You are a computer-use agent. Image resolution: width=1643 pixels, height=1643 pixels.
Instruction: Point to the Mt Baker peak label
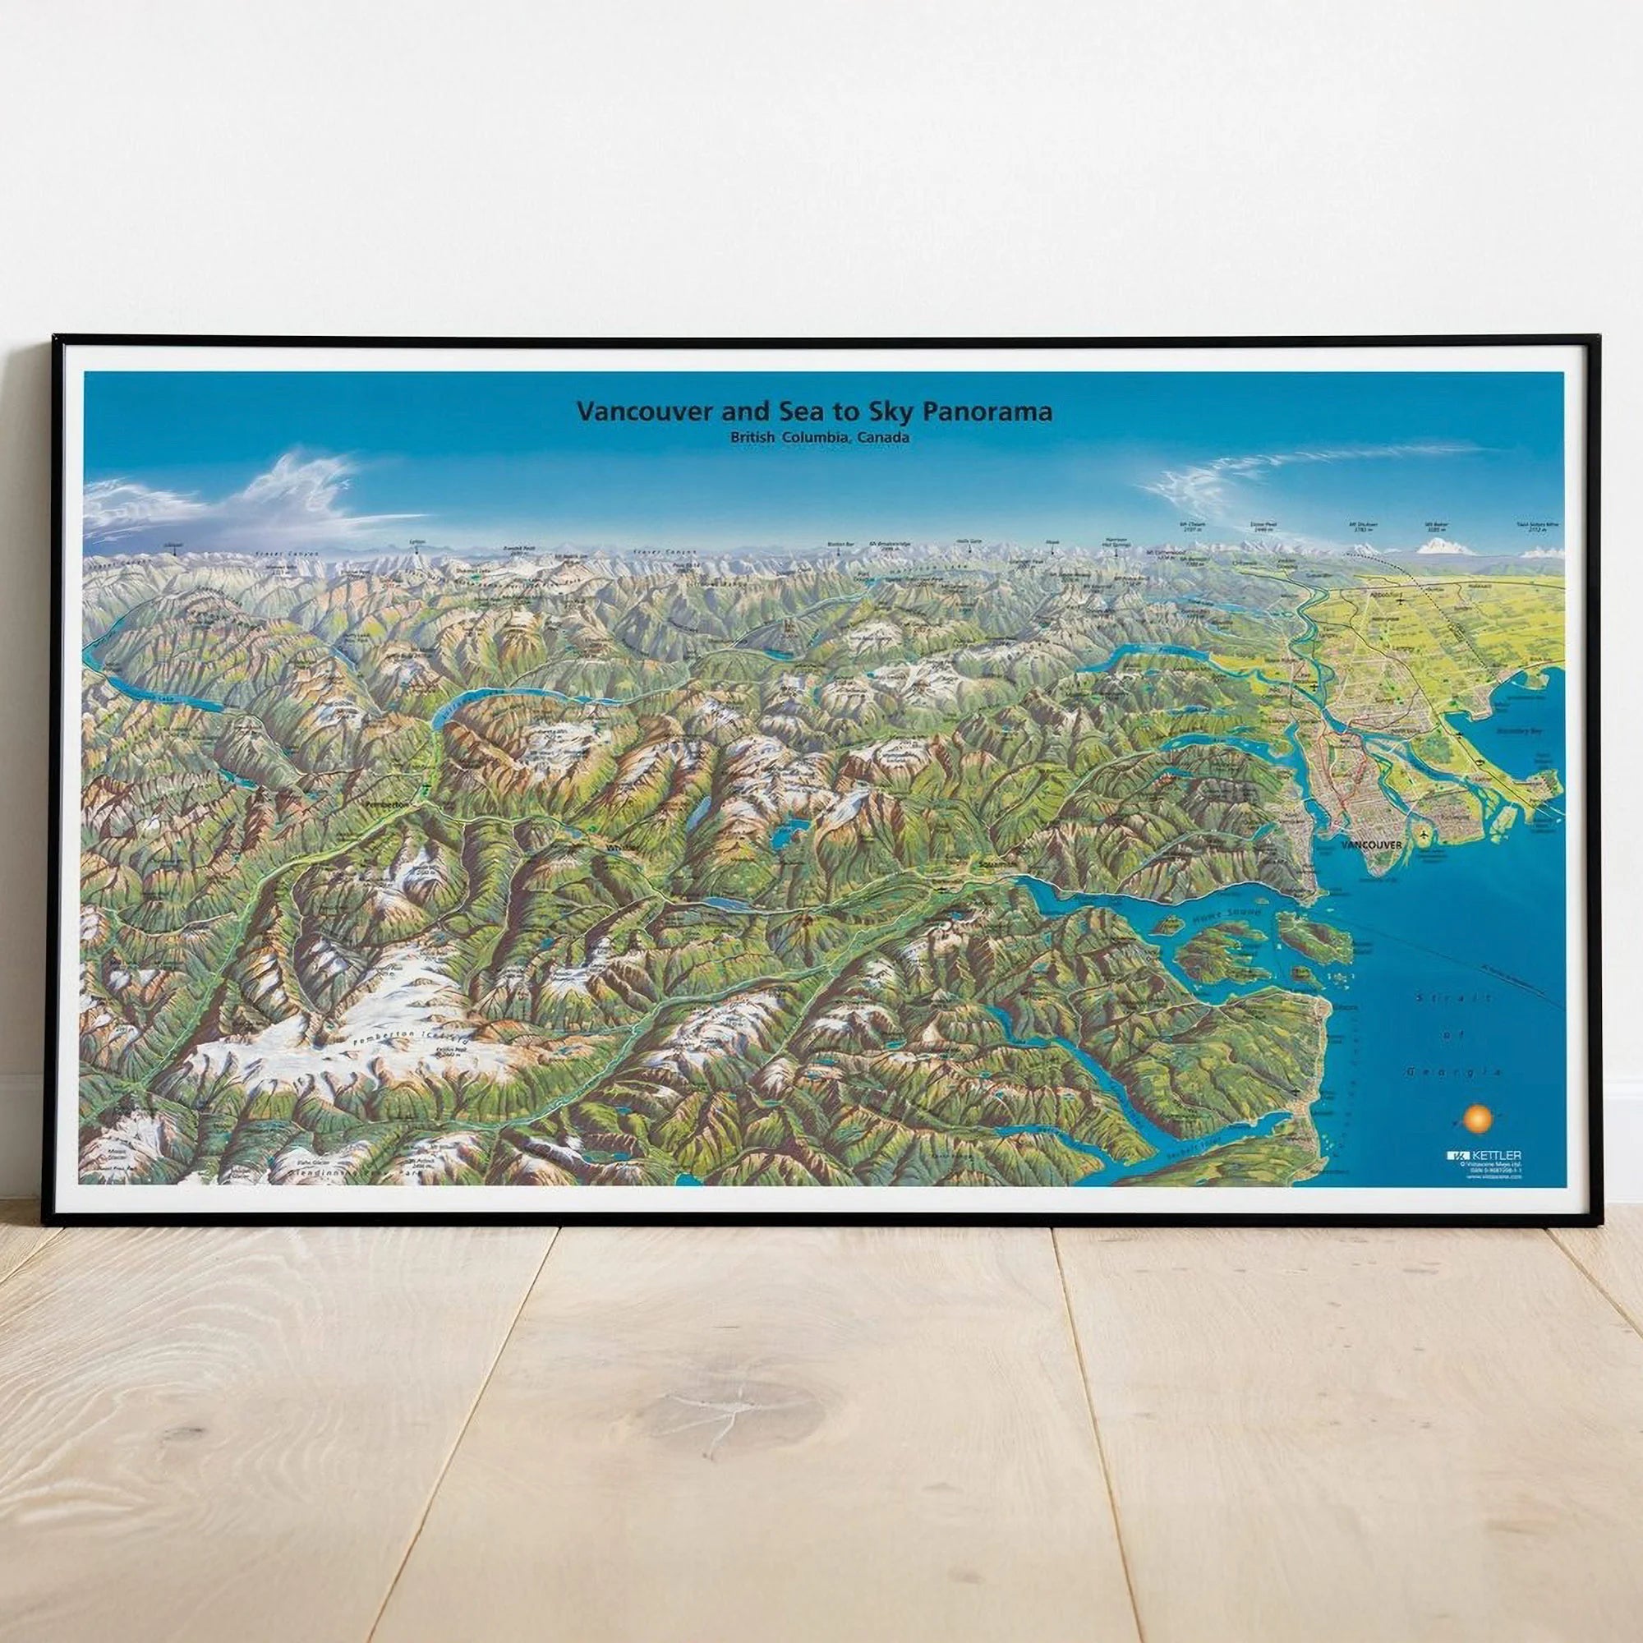tap(1434, 527)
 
